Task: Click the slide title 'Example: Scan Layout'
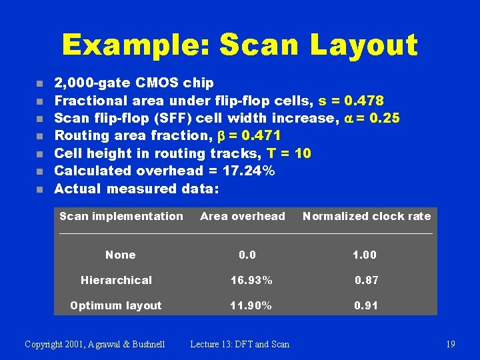tap(239, 45)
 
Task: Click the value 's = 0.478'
tap(347, 101)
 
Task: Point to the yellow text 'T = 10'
tap(289, 153)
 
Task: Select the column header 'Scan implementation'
tap(121, 216)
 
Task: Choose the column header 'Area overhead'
tap(243, 216)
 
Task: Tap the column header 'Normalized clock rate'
tap(367, 216)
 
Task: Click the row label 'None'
tap(120, 255)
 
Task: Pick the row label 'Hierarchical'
tap(116, 280)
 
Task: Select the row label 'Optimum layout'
tap(116, 305)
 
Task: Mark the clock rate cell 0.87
tap(366, 280)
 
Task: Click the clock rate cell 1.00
tap(365, 255)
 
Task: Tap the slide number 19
tap(450, 344)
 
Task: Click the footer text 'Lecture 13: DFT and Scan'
tap(240, 344)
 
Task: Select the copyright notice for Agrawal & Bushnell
tap(94, 344)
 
